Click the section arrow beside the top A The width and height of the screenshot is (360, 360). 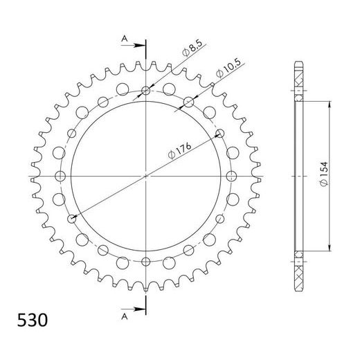(137, 46)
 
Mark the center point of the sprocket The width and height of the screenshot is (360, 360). (146, 177)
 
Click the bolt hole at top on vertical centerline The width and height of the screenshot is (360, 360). (146, 89)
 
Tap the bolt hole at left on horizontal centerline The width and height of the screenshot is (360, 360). (59, 177)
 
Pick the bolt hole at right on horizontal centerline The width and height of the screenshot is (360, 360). (233, 177)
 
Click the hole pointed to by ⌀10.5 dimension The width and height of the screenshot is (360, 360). (189, 102)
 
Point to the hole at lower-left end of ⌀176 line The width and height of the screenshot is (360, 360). (71, 219)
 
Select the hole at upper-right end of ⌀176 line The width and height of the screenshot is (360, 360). (221, 133)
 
